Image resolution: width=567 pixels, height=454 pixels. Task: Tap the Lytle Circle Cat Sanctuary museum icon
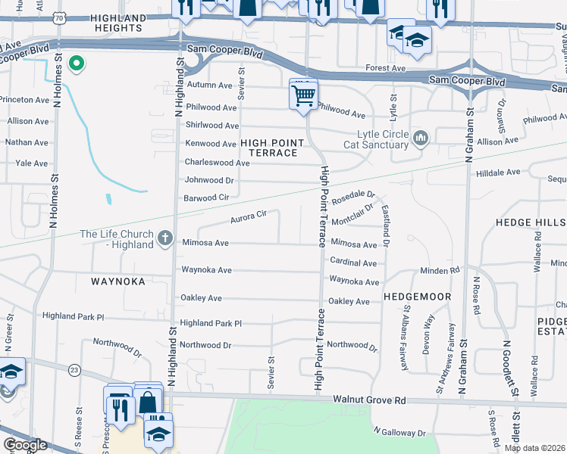(421, 138)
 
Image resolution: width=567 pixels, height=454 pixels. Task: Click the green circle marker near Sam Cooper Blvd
(75, 64)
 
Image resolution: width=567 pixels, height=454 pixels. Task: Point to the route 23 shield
(74, 369)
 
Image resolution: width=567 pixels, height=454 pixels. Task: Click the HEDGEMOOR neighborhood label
(418, 297)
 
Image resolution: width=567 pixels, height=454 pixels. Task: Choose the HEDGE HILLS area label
(530, 223)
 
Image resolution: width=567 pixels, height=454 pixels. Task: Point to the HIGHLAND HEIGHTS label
(117, 23)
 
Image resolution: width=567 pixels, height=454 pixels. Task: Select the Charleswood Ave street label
(217, 163)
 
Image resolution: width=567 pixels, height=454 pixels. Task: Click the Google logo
(25, 445)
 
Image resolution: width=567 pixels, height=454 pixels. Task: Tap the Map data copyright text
(535, 448)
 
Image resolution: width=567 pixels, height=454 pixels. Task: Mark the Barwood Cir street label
(206, 198)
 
